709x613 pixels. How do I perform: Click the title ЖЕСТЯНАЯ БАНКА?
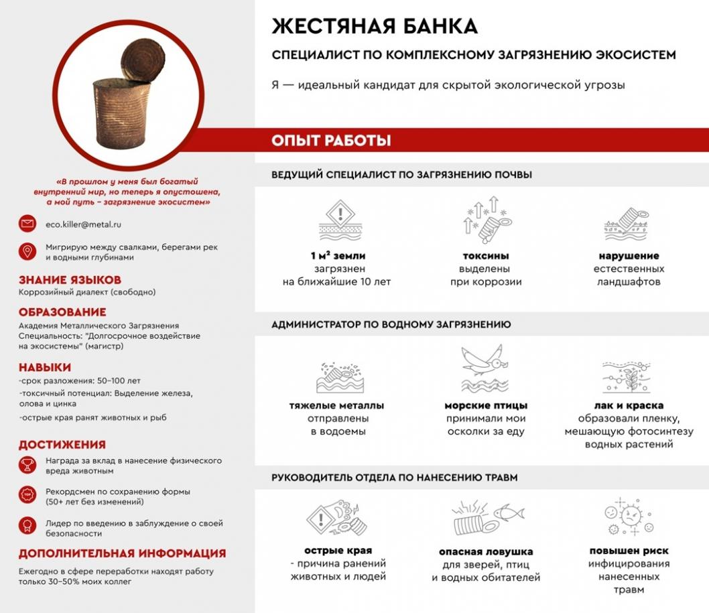[375, 26]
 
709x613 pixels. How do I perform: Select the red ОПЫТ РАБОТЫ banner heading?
[331, 141]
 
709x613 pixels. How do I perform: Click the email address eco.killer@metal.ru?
[83, 224]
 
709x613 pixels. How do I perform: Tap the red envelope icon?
[27, 224]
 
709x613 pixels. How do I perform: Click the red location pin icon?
[27, 252]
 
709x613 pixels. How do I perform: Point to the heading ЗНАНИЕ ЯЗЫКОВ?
[70, 280]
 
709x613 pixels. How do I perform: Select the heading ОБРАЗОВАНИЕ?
[62, 312]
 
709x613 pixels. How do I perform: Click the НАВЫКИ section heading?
[45, 367]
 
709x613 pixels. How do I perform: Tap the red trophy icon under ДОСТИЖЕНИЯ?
[27, 465]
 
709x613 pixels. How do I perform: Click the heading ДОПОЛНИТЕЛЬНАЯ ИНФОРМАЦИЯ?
[122, 553]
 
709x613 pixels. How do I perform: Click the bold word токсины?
[486, 256]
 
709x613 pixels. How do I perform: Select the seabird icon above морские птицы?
[485, 368]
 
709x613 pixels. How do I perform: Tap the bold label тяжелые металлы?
[336, 405]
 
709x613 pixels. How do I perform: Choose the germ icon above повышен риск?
[628, 518]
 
